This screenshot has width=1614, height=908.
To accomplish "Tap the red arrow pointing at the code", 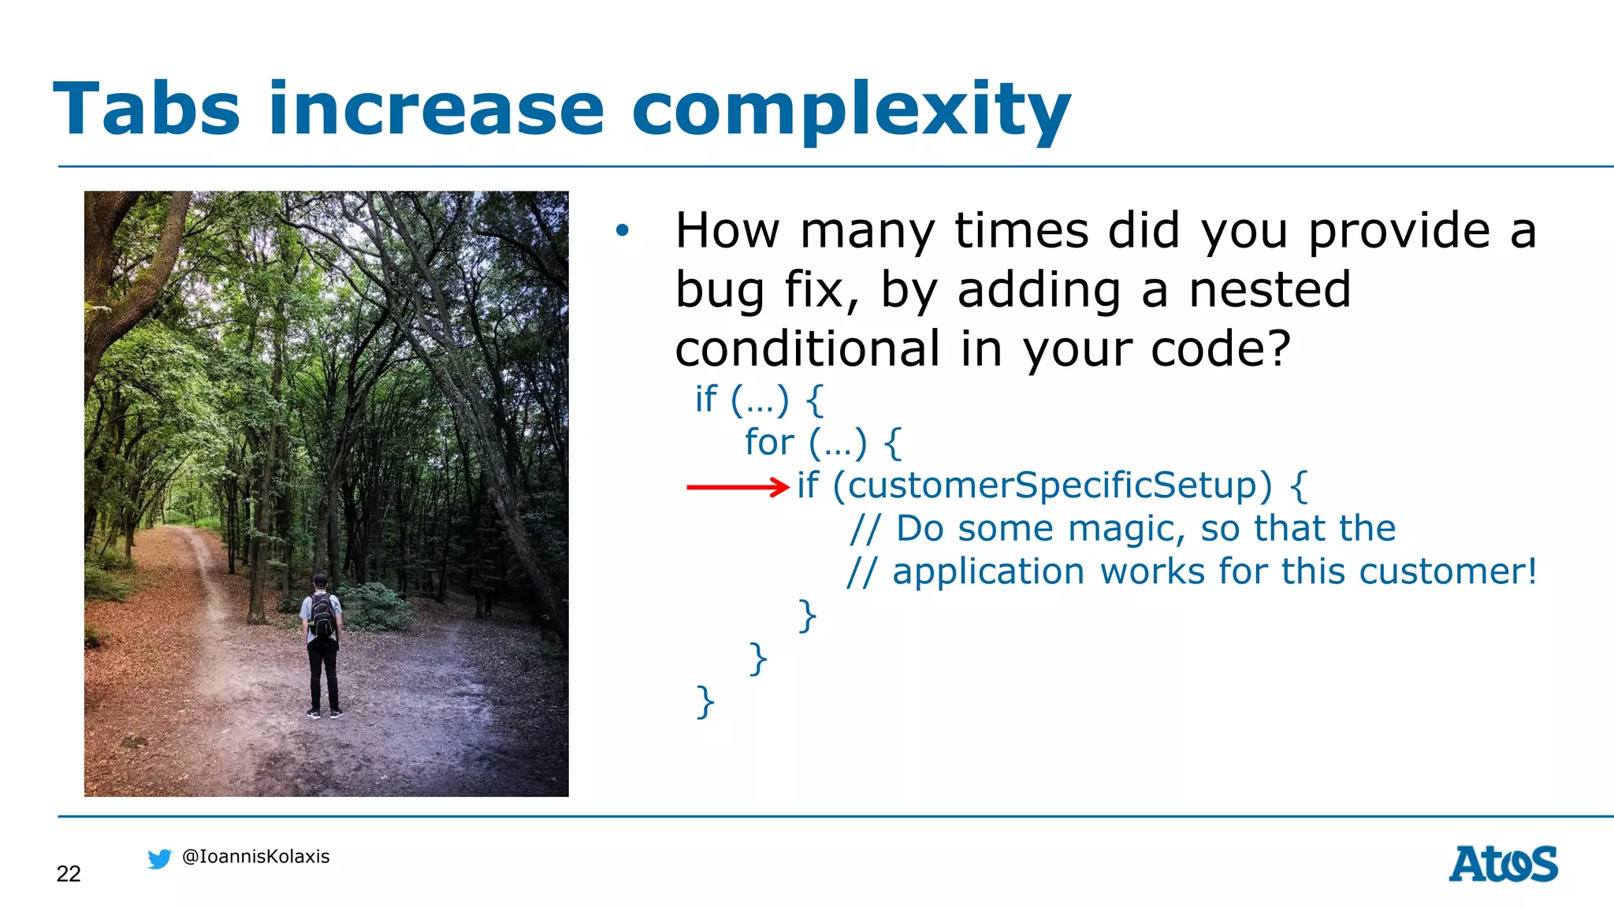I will [737, 487].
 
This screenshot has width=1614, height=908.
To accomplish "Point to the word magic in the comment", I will [1126, 530].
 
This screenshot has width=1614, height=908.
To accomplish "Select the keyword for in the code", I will [769, 442].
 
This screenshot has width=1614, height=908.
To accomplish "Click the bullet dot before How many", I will [623, 231].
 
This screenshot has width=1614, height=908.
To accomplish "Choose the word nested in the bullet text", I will [1270, 289].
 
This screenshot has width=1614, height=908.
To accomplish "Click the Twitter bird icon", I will [159, 858].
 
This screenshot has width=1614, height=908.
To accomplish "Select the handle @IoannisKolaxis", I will [255, 857].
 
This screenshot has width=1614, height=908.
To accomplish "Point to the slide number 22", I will [69, 873].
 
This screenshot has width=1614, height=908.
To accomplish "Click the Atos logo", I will [1503, 864].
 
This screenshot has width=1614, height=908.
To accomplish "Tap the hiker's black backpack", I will [322, 615].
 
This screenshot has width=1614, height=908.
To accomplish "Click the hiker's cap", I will [320, 579].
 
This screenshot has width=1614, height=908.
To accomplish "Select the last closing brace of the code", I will [705, 701].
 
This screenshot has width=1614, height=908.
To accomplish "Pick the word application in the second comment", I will [988, 571].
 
